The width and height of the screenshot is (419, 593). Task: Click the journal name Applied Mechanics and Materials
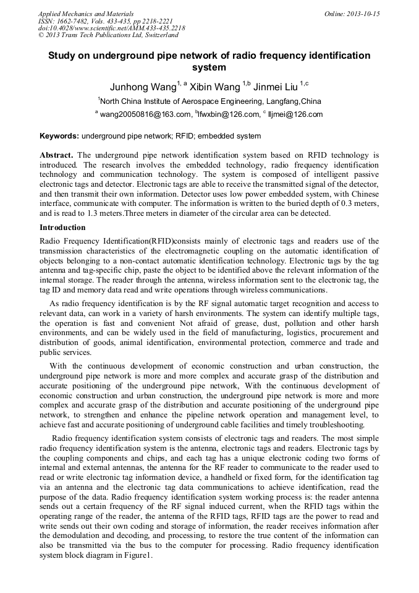pyautogui.click(x=85, y=13)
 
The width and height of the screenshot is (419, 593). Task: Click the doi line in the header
pyautogui.click(x=111, y=28)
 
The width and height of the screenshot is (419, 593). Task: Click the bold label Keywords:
pyautogui.click(x=59, y=136)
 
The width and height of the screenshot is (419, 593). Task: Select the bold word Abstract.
pyautogui.click(x=57, y=154)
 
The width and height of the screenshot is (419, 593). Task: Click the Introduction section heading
pyautogui.click(x=62, y=228)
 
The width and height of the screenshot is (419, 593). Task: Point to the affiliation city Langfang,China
pyautogui.click(x=293, y=101)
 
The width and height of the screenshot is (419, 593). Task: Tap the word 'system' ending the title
pyautogui.click(x=209, y=67)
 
